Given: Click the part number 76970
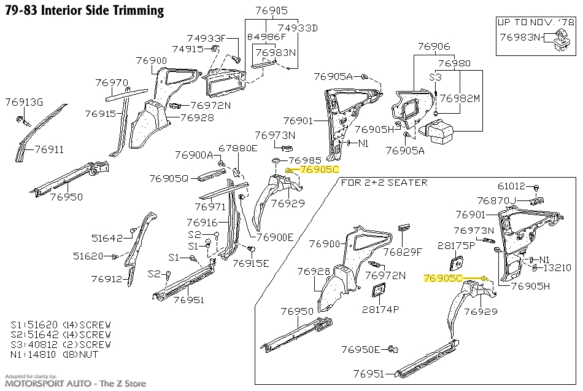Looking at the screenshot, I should (112, 82).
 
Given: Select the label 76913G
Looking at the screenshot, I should (25, 101).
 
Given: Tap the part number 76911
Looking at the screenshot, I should (49, 149).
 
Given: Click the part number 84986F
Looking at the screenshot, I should (267, 37).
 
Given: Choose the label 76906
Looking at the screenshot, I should (434, 46).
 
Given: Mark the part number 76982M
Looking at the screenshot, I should (460, 98).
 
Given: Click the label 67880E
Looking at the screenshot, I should (238, 148).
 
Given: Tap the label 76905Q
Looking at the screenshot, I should (169, 178).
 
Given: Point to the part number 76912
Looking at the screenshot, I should (107, 278).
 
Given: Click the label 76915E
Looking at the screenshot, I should (250, 263).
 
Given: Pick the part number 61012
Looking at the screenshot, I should (514, 186).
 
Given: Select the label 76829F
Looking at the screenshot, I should (403, 251).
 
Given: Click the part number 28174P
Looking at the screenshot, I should (380, 309).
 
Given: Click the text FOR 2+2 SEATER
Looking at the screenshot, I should (384, 183).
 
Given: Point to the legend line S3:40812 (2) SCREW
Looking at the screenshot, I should (61, 344).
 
